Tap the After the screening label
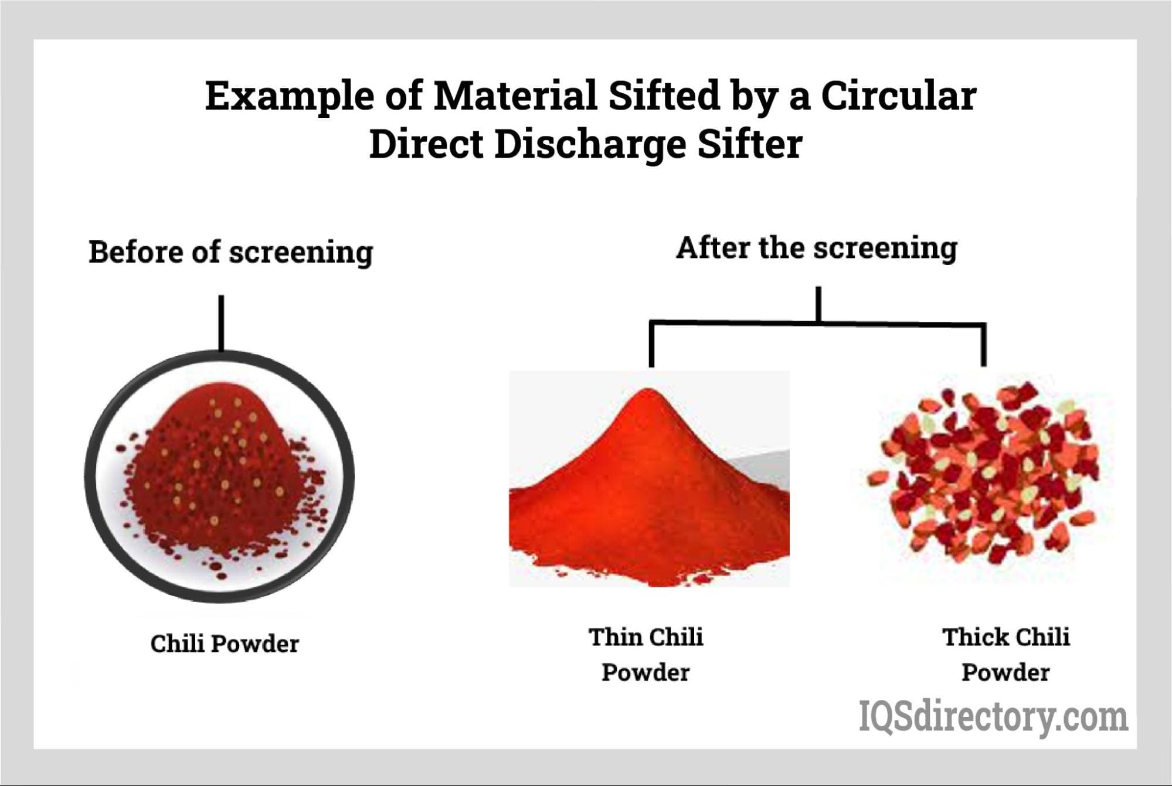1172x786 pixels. coord(817,249)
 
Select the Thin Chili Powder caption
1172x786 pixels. coord(646,654)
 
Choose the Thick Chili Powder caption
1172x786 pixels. coord(1006,654)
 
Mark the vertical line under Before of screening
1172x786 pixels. coord(221,323)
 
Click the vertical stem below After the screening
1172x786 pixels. coord(818,304)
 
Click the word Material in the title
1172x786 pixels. coord(514,96)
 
